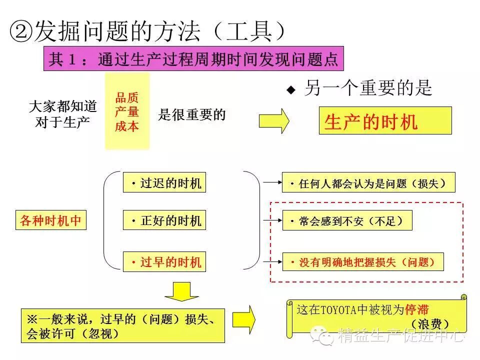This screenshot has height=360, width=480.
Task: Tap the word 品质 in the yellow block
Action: tap(127, 98)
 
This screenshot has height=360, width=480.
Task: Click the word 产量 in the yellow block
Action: tap(127, 112)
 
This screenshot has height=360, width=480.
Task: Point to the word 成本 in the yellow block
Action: tap(127, 126)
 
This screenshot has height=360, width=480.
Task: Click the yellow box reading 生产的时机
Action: tap(385, 120)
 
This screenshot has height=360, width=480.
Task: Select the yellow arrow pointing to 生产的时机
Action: tap(273, 120)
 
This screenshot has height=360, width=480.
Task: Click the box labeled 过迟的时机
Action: tap(165, 183)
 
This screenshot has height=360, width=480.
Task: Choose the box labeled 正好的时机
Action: tap(165, 220)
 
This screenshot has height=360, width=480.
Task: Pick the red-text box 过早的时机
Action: tap(165, 262)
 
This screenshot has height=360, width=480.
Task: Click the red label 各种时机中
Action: tap(50, 220)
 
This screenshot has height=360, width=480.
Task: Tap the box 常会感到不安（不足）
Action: tap(347, 220)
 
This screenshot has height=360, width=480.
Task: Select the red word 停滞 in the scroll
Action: tap(417, 309)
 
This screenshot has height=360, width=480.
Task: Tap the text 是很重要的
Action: tap(192, 115)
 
